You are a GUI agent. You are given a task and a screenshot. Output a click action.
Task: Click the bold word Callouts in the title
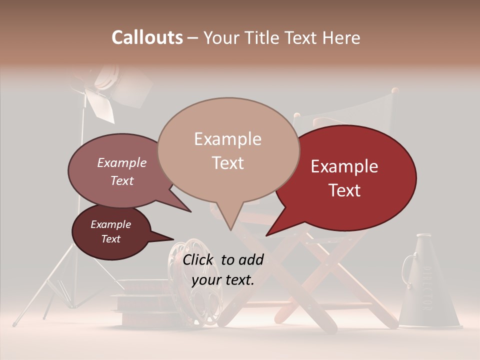click(147, 37)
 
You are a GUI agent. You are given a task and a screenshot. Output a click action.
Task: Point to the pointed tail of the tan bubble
click(230, 227)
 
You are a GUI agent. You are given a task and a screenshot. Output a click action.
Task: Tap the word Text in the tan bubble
click(228, 163)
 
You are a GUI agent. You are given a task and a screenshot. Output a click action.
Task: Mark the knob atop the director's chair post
click(395, 91)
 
